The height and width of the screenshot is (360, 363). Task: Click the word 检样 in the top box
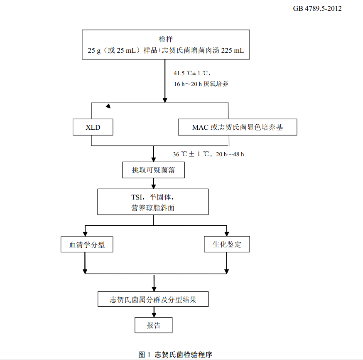(x=165, y=39)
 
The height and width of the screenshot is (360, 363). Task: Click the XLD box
(x=93, y=127)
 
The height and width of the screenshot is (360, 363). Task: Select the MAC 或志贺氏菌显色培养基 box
(x=238, y=127)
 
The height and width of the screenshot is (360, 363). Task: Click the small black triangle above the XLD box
(x=108, y=106)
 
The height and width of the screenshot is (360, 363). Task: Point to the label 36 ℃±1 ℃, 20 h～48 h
(x=208, y=154)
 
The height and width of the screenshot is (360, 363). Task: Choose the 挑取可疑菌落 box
(x=153, y=170)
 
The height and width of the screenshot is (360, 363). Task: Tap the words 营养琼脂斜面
(x=153, y=208)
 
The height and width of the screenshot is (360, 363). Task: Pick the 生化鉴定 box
(x=227, y=244)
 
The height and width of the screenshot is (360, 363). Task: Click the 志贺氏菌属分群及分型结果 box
(x=153, y=299)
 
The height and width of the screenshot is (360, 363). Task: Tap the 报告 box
(x=153, y=325)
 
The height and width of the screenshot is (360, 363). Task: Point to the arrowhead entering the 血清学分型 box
(x=85, y=234)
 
